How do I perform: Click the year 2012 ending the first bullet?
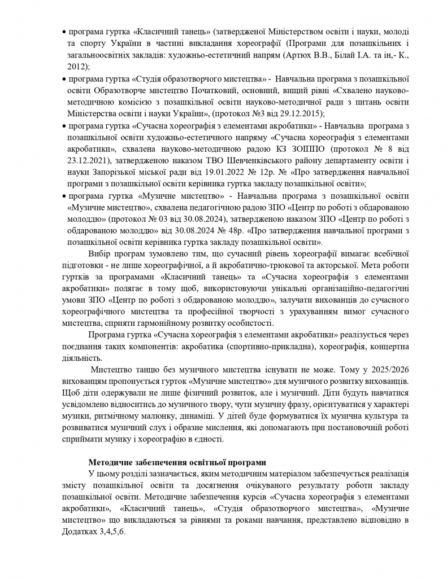point(77,66)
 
